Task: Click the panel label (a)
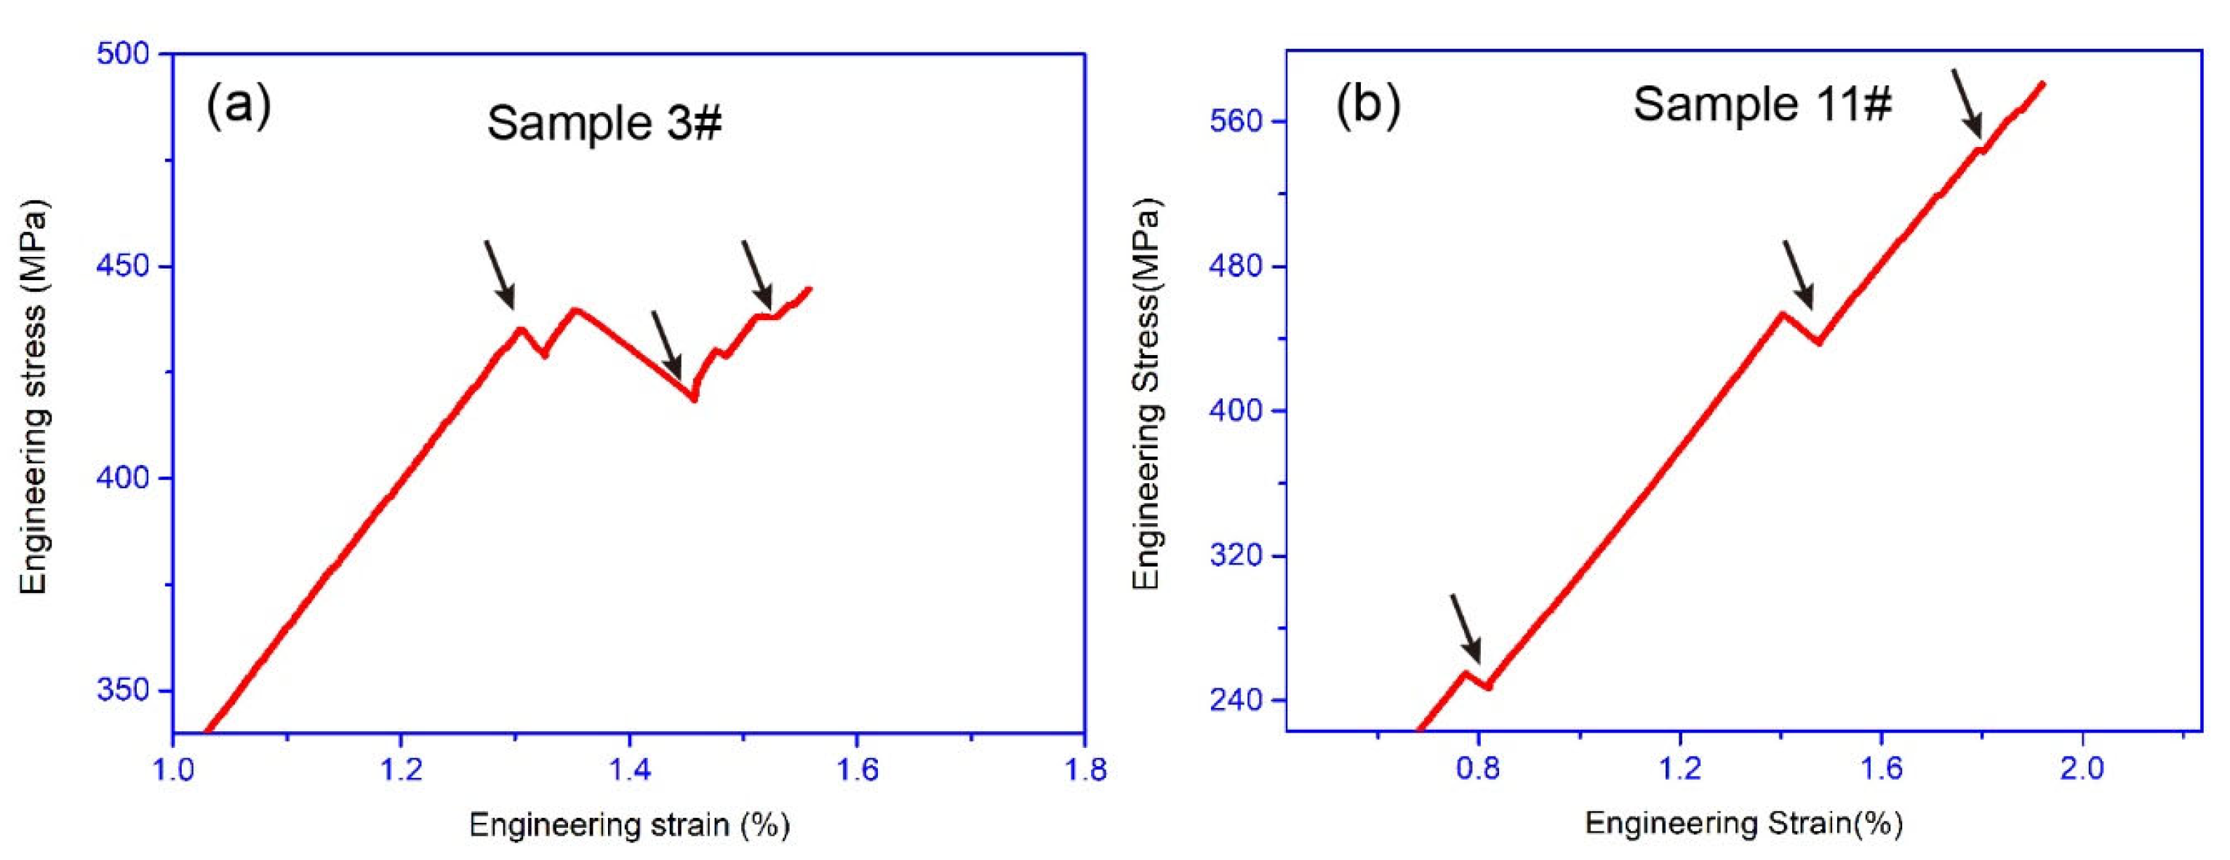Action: [238, 105]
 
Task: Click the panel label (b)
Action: [1368, 105]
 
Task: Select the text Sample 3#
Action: [604, 123]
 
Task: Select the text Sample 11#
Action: [1762, 104]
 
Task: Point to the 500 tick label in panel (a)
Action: [123, 54]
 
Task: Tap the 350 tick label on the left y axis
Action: [123, 690]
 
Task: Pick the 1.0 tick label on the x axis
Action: [174, 769]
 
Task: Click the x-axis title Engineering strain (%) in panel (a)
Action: [629, 824]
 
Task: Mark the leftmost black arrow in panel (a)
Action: [500, 274]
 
